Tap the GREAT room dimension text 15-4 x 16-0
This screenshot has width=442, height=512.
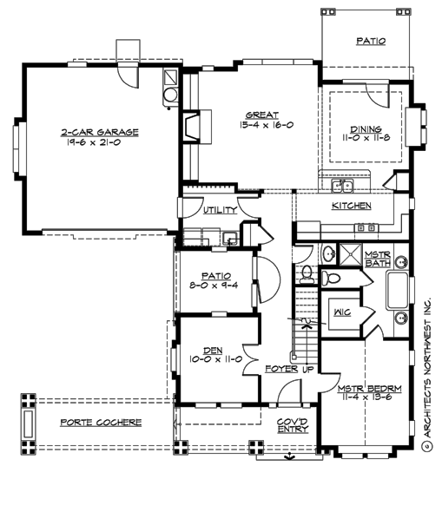[269, 125]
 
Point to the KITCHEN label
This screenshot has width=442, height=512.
[352, 207]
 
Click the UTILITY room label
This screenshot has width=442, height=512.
[220, 211]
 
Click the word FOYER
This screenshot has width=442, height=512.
[280, 370]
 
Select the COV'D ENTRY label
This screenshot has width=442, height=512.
[293, 424]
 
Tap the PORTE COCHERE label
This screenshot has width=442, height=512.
[102, 423]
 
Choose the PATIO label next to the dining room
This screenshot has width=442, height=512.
[371, 41]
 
